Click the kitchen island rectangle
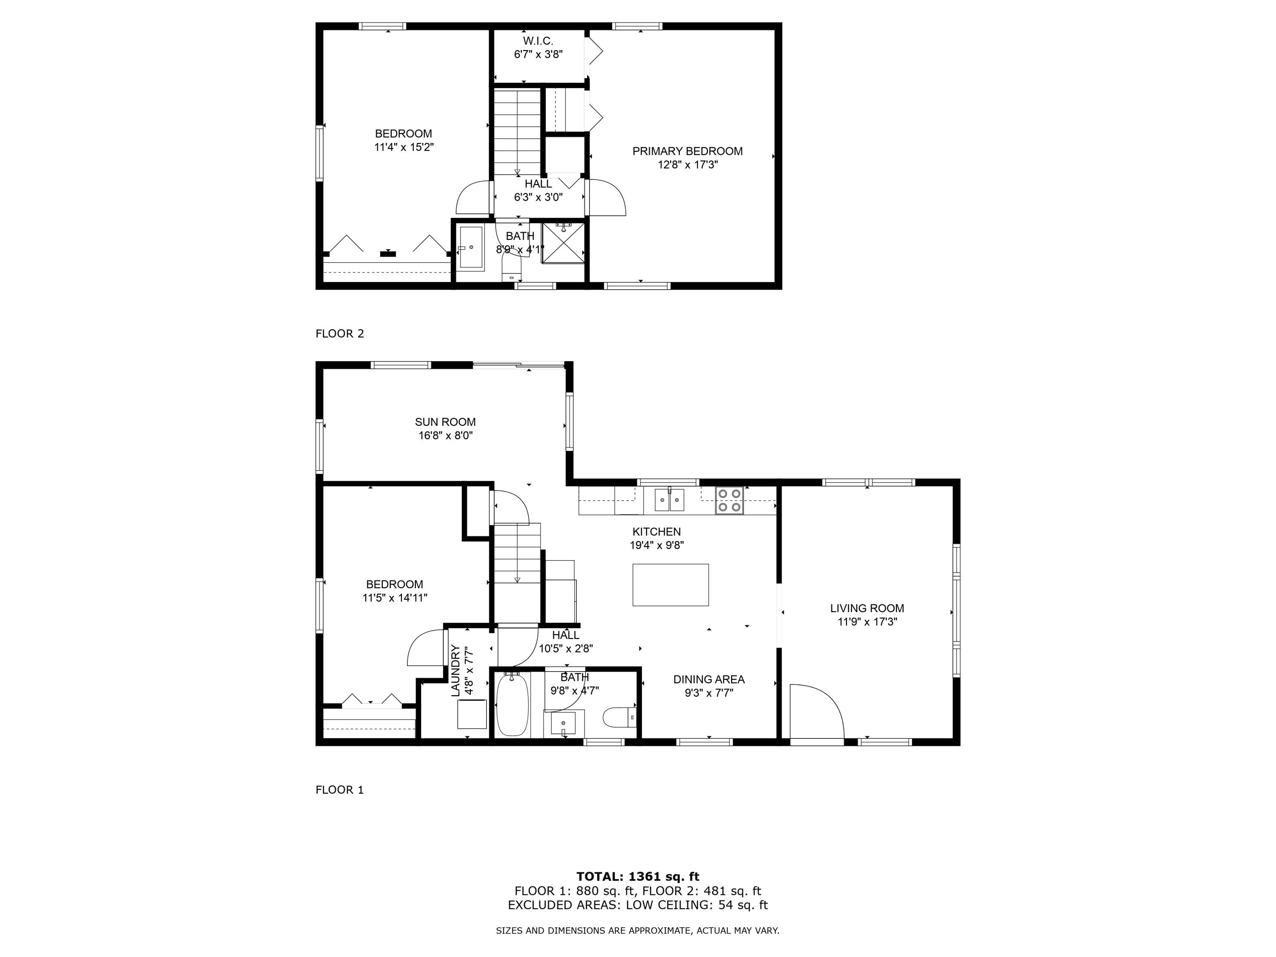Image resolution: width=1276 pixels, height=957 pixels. click(x=670, y=585)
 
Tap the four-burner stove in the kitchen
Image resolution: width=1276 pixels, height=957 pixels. click(x=729, y=500)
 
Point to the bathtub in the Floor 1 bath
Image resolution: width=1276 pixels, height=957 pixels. click(x=512, y=704)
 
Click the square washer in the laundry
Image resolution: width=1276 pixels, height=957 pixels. click(x=472, y=714)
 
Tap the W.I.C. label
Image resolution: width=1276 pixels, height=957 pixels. click(x=538, y=41)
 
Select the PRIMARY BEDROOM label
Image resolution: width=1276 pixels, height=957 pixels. click(x=687, y=151)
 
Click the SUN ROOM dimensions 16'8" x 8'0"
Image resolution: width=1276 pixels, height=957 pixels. click(x=445, y=436)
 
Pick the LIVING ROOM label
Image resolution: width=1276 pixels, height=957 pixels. click(x=866, y=608)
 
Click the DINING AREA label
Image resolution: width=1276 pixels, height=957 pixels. click(x=708, y=680)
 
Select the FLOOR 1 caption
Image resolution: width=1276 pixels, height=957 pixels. click(x=339, y=790)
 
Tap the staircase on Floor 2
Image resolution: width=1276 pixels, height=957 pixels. click(x=517, y=131)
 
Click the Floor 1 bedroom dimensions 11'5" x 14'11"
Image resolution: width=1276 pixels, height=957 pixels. click(x=395, y=598)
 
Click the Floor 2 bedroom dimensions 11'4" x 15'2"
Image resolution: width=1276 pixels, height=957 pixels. click(x=403, y=147)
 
